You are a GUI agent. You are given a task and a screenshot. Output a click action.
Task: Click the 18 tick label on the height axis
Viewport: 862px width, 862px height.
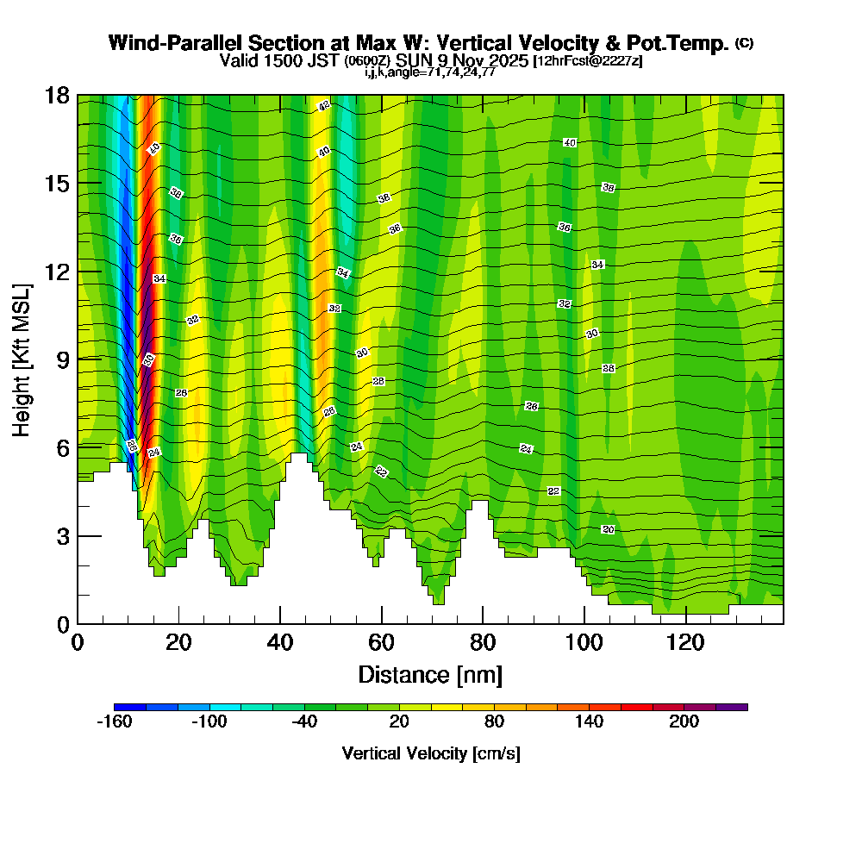point(57,95)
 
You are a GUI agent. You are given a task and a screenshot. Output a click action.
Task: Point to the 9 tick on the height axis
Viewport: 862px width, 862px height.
point(78,359)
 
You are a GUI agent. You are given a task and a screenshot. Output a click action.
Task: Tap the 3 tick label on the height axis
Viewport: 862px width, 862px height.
point(62,535)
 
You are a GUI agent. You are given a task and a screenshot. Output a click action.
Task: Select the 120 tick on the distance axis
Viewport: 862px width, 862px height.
point(686,623)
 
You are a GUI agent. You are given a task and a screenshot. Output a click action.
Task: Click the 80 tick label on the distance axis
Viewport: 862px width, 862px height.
point(483,642)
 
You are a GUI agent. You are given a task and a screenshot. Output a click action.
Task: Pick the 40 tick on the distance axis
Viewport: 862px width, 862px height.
point(280,623)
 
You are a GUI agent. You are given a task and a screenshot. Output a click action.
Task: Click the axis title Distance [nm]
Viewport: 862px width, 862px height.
point(430,674)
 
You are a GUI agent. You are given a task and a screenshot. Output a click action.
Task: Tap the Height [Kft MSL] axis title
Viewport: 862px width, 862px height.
point(22,359)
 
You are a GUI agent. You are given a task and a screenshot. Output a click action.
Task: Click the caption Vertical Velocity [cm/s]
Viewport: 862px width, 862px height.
point(430,753)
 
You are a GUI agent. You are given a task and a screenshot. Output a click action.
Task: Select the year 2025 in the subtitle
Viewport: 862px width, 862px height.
point(508,60)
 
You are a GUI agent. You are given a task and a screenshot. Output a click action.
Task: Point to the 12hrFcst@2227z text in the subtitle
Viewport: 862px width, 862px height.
point(588,61)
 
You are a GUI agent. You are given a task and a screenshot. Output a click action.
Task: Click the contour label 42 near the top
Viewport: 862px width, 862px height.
point(324,106)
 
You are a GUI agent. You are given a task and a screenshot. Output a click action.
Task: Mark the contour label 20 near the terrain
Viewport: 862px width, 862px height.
point(608,529)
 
